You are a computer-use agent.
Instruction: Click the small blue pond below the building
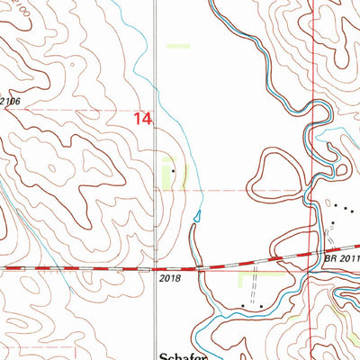point(197,215)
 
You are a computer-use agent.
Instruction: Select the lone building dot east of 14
point(174,167)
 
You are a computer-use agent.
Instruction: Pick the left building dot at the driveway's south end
point(243,307)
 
